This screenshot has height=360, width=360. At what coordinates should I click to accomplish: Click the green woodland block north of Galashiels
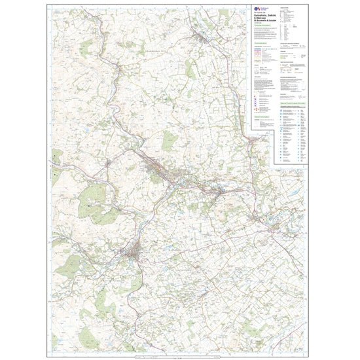169,139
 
